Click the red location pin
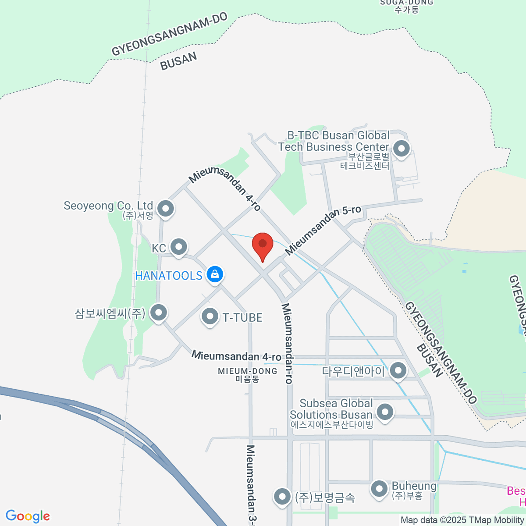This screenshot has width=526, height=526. [x=263, y=245]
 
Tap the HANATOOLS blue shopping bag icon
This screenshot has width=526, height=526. [x=215, y=275]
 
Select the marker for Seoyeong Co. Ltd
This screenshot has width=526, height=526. [x=166, y=209]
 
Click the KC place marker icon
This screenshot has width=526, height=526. [x=178, y=247]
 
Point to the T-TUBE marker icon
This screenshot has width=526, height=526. [x=210, y=316]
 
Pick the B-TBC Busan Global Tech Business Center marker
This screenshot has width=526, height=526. [x=401, y=149]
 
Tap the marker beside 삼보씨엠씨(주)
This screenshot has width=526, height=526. [x=159, y=313]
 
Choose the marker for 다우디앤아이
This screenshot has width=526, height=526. [x=398, y=371]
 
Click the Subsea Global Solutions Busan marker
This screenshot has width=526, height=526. [x=385, y=412]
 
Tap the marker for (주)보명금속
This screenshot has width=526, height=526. [x=282, y=497]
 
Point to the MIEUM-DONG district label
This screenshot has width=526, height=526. [x=248, y=375]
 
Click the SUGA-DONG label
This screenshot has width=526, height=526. [x=406, y=6]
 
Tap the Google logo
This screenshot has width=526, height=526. [x=28, y=516]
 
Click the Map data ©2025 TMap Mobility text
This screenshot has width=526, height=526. [x=462, y=520]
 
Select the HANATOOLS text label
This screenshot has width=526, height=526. [x=169, y=276]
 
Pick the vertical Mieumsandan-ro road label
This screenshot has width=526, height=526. [x=287, y=343]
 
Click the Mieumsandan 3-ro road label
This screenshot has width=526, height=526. [x=251, y=484]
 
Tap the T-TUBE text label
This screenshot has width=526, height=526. [x=242, y=317]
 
